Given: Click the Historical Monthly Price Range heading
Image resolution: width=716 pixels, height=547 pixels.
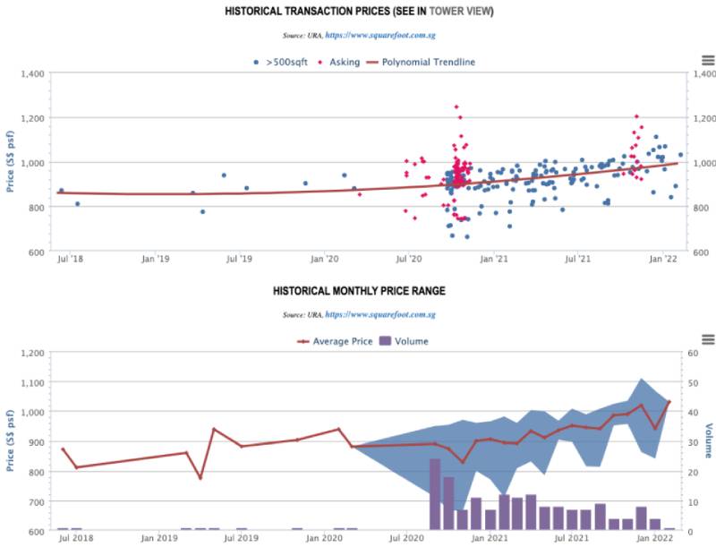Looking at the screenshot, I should tap(359, 291).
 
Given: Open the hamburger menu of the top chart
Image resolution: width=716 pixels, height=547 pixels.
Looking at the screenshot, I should tap(708, 60).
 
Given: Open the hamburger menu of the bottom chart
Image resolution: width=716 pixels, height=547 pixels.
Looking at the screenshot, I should tap(708, 339).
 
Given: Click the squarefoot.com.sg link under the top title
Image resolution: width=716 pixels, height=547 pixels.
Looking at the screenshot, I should tap(380, 35).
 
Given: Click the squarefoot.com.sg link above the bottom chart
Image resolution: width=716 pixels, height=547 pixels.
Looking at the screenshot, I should tap(380, 315).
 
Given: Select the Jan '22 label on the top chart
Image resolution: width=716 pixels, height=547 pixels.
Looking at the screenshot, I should tap(662, 260).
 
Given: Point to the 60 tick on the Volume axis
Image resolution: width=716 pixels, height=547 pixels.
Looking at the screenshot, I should tap(694, 353).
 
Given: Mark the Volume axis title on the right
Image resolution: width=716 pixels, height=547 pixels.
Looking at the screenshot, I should tap(709, 441).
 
